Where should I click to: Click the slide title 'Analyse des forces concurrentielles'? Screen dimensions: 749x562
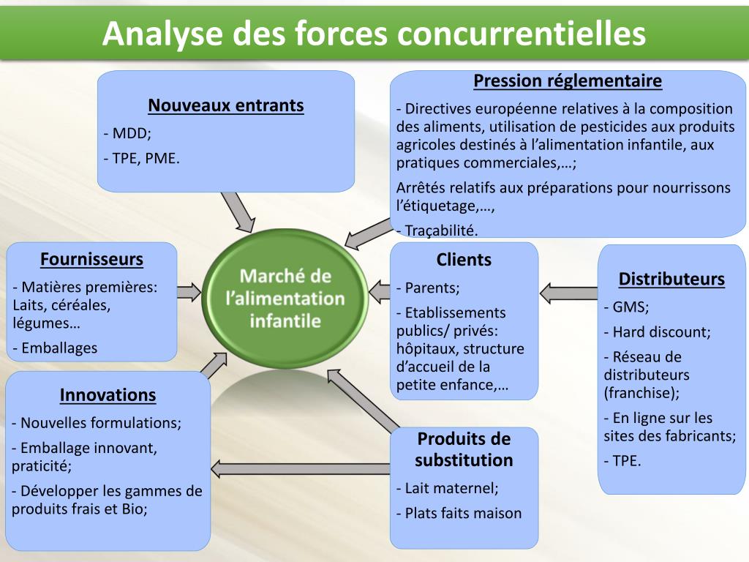point(374,33)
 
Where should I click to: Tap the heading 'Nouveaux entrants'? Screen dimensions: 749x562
point(225,105)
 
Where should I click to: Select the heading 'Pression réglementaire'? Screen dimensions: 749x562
point(568,80)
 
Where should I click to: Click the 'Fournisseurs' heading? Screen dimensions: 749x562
point(91,259)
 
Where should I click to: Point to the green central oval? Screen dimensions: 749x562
point(285,298)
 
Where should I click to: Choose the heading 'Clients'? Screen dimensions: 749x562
point(464,260)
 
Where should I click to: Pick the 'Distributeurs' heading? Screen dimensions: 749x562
point(671,279)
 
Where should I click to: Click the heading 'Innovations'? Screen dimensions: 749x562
point(108,395)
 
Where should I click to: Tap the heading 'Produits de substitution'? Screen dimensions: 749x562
point(464,449)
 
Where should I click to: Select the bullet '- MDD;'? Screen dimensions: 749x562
point(127,134)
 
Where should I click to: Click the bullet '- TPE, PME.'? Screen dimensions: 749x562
point(141,158)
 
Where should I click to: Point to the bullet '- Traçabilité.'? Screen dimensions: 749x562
point(437,231)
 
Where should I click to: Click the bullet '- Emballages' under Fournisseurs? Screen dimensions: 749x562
point(55,348)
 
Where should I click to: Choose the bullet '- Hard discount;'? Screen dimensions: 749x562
point(657,332)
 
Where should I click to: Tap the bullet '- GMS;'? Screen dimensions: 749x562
point(626,307)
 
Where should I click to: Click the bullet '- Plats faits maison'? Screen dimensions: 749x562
point(459,513)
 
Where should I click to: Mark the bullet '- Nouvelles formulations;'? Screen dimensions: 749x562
point(97,423)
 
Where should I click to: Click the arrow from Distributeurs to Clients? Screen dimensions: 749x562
point(569,293)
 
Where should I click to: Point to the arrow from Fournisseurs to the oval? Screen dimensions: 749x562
point(189,292)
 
